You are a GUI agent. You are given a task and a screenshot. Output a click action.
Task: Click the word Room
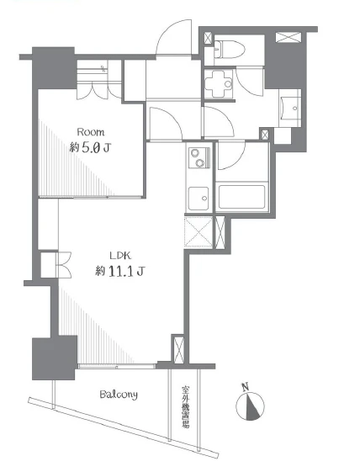(91, 132)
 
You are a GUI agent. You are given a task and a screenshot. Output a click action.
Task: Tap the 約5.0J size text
(90, 148)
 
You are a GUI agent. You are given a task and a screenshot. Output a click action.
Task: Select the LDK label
(120, 256)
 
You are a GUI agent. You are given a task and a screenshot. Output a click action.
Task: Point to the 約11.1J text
(119, 272)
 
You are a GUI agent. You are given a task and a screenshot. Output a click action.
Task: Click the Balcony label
(119, 395)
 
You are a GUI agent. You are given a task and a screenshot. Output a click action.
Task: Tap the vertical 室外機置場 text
(185, 406)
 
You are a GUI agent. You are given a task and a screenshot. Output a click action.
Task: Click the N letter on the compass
(246, 386)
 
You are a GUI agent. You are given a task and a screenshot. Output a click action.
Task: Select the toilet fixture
(230, 49)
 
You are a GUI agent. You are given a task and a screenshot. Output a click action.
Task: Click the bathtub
(241, 197)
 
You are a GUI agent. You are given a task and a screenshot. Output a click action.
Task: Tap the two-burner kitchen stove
(199, 158)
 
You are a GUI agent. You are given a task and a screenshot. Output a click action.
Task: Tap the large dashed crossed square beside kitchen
(199, 231)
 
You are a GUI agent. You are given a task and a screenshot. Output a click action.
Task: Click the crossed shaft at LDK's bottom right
(178, 348)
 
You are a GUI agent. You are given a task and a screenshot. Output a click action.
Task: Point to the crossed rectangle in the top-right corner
(289, 37)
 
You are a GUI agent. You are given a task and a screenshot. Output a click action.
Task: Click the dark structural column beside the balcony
(54, 358)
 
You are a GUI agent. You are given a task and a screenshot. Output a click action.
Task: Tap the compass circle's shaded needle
(252, 406)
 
